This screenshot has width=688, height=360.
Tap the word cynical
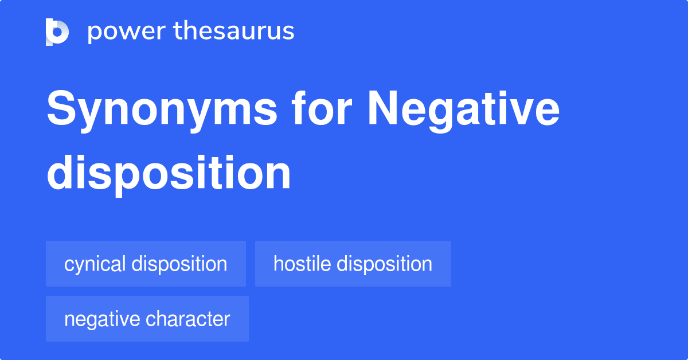click(x=95, y=264)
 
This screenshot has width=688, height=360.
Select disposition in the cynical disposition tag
click(x=179, y=264)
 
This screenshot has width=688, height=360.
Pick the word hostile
click(x=302, y=264)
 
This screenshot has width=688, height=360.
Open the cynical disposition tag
click(x=146, y=264)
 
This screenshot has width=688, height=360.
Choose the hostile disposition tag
click(x=353, y=264)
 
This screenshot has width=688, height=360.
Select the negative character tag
click(x=147, y=319)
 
